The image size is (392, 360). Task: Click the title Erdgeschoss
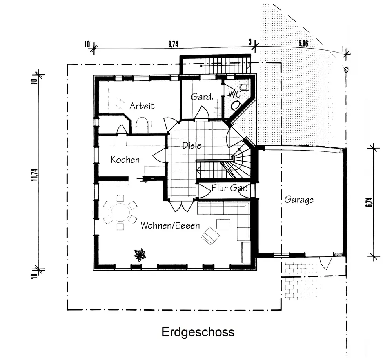pos(198,332)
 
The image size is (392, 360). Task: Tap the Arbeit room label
pos(142,106)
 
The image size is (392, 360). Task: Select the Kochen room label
pos(125,160)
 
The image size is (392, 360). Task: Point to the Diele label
pos(192,146)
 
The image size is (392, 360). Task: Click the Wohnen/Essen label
pos(170,225)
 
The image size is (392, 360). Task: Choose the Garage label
pos(299,200)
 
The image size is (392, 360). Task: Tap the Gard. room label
pos(202,96)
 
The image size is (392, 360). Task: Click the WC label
pos(234,95)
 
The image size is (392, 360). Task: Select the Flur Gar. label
pos(229,188)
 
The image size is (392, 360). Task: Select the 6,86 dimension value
pos(303,44)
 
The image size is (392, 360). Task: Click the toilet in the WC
pos(236,105)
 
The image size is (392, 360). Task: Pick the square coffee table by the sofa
pos(224,224)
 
